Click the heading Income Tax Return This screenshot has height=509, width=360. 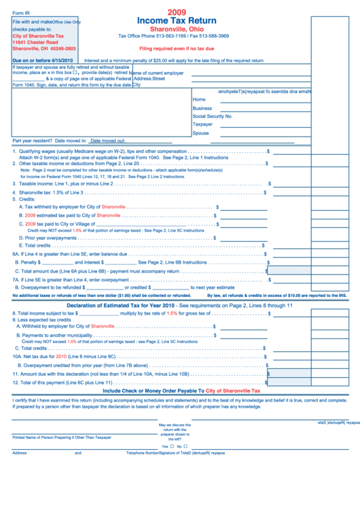point(179,21)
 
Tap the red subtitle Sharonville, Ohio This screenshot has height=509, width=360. point(179,29)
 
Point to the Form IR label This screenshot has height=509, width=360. point(23,13)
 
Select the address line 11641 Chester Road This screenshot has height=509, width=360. point(35,42)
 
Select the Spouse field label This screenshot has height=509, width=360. point(201,133)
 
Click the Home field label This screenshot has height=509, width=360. point(199,99)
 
